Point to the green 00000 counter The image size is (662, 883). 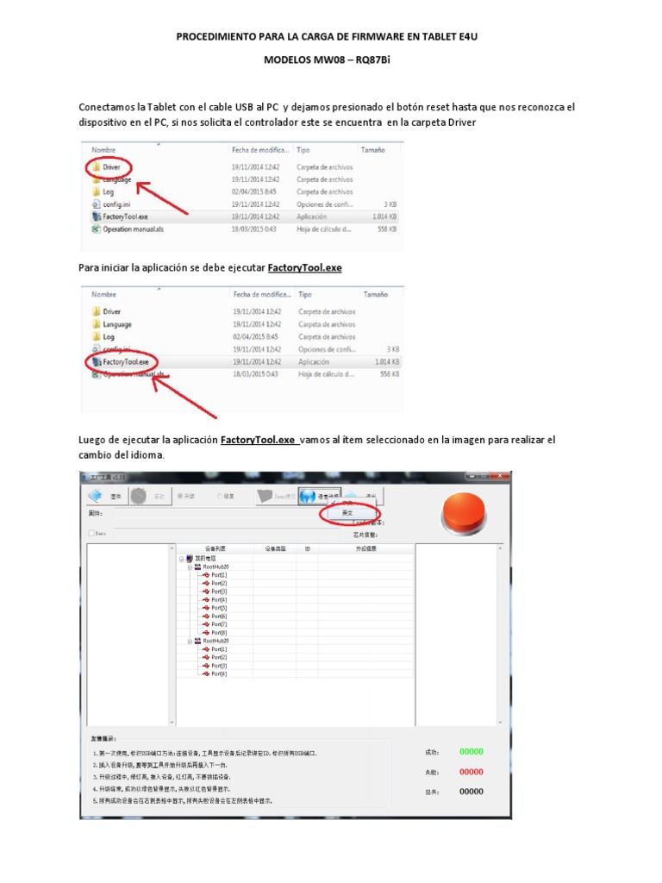(471, 752)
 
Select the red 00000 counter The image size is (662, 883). (471, 772)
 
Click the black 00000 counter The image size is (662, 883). (471, 792)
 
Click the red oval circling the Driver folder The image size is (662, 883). (109, 166)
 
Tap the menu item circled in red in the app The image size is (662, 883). (347, 513)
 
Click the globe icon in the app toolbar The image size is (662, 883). (309, 496)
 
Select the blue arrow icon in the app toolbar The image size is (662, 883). (96, 496)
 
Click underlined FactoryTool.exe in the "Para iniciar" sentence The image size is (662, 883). (305, 268)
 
